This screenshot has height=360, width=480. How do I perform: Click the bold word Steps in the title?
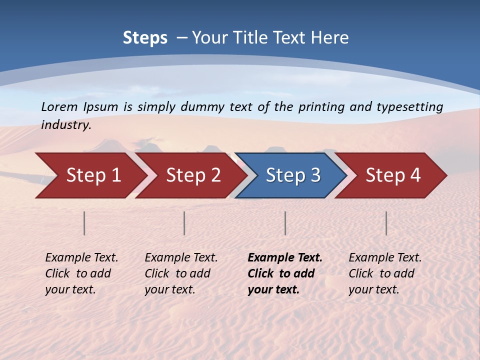point(145,38)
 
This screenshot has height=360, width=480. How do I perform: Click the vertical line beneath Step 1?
point(84,223)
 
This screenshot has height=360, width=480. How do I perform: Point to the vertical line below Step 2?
point(184,223)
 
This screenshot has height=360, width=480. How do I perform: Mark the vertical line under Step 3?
point(285,223)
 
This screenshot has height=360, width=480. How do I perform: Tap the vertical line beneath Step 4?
point(386,223)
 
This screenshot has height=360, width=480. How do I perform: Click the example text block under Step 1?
point(81,273)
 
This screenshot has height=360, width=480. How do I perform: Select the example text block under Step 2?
point(181,273)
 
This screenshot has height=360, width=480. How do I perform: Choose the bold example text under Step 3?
point(284,273)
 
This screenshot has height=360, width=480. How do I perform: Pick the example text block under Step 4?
point(385,273)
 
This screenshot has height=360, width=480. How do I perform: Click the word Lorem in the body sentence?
point(59,106)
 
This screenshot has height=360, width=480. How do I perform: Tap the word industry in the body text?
point(66,125)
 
